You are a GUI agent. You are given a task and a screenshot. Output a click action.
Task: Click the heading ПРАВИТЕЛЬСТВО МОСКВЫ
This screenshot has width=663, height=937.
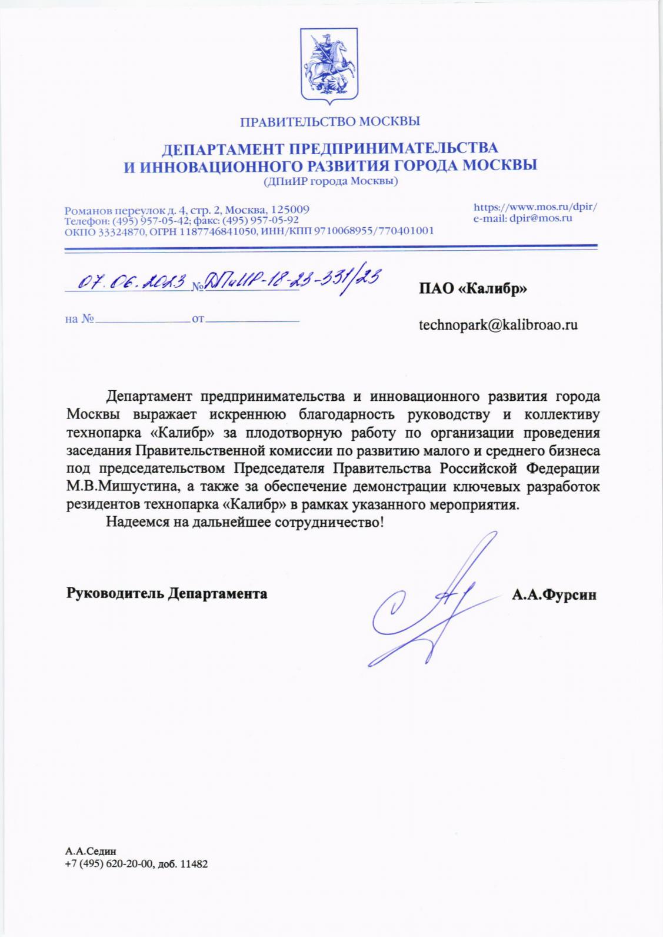[331, 122]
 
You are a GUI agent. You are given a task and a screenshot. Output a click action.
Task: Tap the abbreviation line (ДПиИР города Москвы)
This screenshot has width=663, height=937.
[331, 181]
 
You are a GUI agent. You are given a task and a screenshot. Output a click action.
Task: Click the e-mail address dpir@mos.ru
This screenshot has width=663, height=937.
[541, 218]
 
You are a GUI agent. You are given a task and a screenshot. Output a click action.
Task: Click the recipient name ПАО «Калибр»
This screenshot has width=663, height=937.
[472, 288]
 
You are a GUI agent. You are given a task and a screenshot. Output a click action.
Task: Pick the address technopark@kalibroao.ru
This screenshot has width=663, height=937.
[498, 324]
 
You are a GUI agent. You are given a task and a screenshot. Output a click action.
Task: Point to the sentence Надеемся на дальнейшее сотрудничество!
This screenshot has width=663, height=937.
[245, 521]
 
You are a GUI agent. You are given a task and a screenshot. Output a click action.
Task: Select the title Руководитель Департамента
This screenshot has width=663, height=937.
[166, 593]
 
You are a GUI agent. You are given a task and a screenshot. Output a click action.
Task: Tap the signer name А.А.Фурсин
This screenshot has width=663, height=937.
[554, 595]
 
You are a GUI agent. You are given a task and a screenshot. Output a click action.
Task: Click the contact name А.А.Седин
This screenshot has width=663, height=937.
[91, 850]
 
